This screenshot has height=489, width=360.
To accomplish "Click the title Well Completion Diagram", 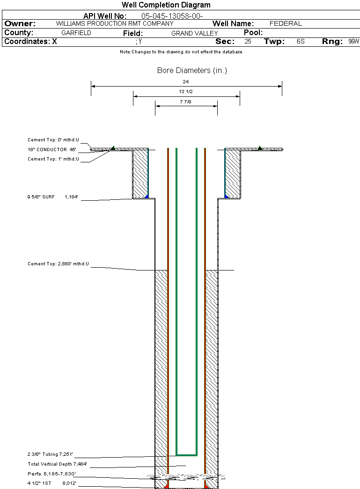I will pos(166,5).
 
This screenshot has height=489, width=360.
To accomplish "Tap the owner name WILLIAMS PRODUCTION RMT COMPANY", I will pos(114,23).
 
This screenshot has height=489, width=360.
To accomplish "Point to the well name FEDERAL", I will pos(286,23).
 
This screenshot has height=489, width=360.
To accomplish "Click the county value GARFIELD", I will pos(76,33).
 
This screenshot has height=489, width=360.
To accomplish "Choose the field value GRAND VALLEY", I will pos(194,33).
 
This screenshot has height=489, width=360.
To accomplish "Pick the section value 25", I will pos(248,42).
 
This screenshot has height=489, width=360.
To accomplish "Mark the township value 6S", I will pos(301,42).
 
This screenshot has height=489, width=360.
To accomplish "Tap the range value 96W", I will pos(353,42).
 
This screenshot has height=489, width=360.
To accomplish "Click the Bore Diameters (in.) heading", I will pos(192,71).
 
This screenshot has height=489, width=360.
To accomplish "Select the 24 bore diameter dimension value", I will pos(186,81).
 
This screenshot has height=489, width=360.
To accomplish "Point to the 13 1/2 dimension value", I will pos(186,92).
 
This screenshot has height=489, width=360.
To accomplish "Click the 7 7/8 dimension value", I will pos(186,101).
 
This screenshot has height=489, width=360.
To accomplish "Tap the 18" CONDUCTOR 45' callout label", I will pos(51,150).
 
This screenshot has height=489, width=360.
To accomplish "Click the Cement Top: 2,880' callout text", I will pos(58,264).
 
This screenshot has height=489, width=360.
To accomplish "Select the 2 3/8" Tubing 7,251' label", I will pos(50,454).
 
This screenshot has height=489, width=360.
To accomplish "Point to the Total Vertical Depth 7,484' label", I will pos(57,464).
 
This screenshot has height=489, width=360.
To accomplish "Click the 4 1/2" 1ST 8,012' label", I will pos(51,483).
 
